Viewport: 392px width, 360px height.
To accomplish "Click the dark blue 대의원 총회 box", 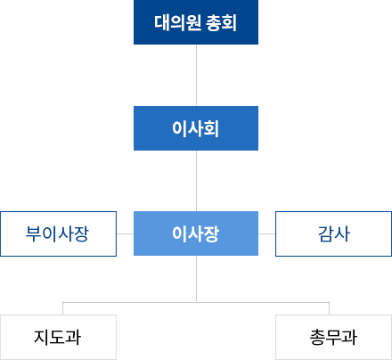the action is coord(196,22).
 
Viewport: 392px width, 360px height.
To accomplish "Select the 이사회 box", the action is coord(196,128).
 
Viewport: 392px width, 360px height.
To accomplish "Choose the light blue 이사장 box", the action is coord(196,233).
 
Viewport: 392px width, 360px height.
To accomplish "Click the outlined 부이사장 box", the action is coord(58,233).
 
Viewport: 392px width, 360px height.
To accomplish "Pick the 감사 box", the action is coord(334,233).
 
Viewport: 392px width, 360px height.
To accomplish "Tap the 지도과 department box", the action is coord(58,337).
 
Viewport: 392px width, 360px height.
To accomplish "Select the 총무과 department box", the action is coord(334,337).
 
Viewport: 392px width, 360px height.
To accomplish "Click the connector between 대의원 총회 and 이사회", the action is coord(196,75).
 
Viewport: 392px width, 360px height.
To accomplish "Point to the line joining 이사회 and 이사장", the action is coord(196,181).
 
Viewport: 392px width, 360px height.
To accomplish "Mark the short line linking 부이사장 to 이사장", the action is coord(125,233).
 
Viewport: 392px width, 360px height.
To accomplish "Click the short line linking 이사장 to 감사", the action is coord(266,233).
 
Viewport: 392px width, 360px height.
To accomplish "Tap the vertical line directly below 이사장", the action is coord(196,279).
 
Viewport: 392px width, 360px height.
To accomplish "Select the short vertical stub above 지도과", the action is coord(62,308).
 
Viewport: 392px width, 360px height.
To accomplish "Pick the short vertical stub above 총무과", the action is coord(329,308).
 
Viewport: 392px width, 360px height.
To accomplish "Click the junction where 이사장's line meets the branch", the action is coord(196,302).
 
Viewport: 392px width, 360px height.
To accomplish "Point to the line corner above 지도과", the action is coord(62,302).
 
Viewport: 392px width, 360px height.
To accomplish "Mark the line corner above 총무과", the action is coord(329,302).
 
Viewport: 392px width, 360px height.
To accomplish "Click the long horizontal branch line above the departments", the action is coord(196,302).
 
